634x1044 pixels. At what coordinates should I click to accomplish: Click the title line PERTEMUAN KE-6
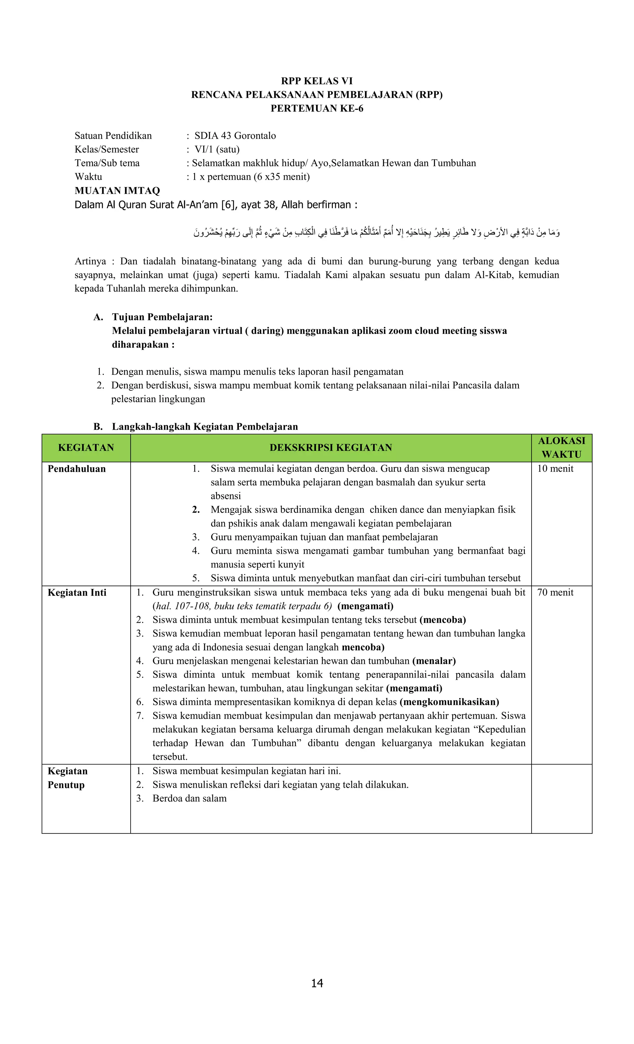[317, 108]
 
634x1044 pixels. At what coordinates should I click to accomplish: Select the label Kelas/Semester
[107, 149]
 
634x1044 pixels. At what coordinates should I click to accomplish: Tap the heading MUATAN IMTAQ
[117, 191]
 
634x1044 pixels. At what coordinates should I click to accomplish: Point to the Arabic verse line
[377, 232]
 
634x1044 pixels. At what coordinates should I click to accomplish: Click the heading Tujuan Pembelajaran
[162, 317]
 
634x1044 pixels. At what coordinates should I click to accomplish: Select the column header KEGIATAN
[86, 448]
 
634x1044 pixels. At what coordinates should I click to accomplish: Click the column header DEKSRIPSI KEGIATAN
[331, 448]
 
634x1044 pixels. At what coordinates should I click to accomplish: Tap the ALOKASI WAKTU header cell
[561, 448]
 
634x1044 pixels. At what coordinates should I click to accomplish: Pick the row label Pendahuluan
[77, 469]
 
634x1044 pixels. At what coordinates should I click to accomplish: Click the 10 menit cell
[555, 469]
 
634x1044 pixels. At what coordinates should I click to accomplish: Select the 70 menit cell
[555, 592]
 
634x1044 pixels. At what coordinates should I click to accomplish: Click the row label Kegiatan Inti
[77, 592]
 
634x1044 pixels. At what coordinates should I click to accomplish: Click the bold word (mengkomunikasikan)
[449, 702]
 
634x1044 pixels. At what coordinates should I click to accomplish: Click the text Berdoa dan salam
[189, 798]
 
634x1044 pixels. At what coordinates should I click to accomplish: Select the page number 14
[317, 983]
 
